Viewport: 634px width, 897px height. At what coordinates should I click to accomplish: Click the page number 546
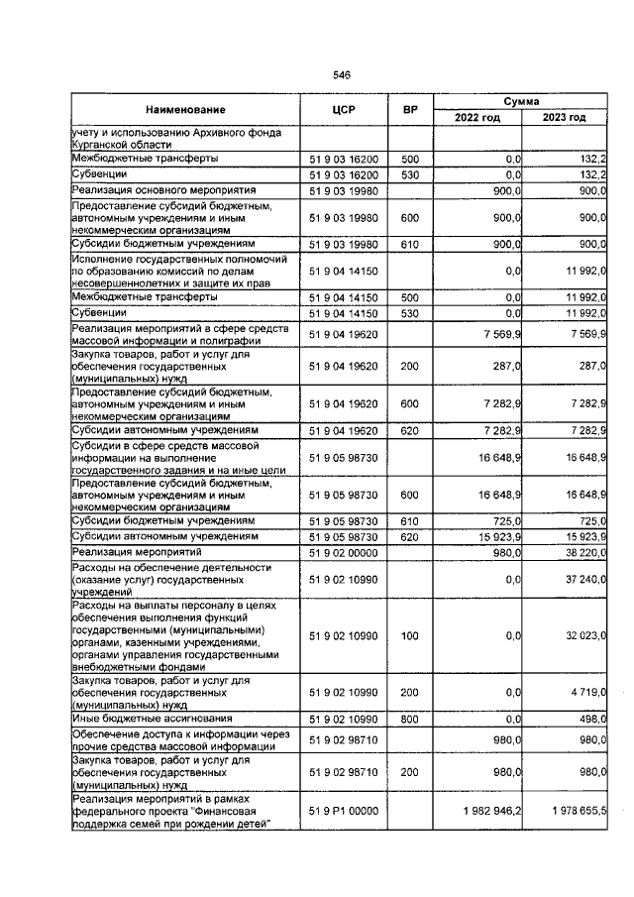pyautogui.click(x=343, y=75)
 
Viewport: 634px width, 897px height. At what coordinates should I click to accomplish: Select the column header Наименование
pyautogui.click(x=185, y=109)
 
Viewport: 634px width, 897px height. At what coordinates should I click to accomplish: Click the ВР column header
pyautogui.click(x=409, y=109)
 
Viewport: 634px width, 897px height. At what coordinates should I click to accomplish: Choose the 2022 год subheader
pyautogui.click(x=477, y=118)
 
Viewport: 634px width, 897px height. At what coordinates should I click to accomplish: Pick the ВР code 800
pyautogui.click(x=409, y=719)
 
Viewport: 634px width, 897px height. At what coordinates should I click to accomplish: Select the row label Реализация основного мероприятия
pyautogui.click(x=163, y=190)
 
